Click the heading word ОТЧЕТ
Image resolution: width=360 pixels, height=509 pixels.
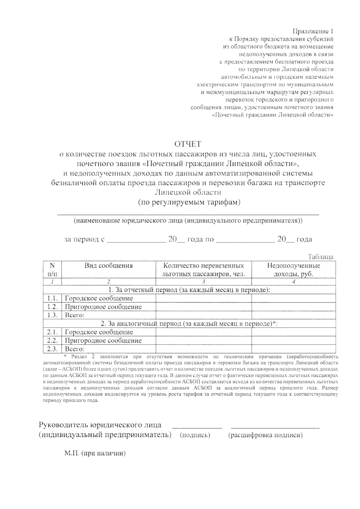click(188, 144)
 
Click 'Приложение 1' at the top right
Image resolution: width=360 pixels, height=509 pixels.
click(313, 31)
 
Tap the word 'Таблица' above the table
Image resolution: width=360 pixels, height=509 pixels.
click(320, 257)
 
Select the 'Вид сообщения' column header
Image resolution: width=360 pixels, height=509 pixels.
click(108, 266)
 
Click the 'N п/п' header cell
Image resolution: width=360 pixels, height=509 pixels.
click(52, 269)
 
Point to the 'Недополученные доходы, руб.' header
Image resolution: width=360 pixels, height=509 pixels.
click(293, 269)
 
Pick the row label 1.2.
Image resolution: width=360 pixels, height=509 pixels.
click(52, 307)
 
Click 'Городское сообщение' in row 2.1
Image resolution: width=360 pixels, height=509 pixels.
click(99, 332)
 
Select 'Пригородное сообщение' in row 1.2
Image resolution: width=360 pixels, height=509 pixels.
click(103, 307)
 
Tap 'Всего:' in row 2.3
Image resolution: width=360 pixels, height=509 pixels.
click(75, 349)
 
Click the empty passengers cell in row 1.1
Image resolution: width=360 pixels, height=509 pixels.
click(203, 298)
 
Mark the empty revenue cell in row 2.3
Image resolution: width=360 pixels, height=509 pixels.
click(293, 349)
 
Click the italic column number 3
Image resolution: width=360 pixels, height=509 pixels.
click(203, 282)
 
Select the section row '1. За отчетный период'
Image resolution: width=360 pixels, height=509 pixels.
click(189, 290)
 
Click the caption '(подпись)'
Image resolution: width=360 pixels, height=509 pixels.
click(195, 435)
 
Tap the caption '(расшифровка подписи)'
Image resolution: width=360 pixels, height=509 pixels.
click(265, 435)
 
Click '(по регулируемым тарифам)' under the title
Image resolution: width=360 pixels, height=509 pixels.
click(189, 202)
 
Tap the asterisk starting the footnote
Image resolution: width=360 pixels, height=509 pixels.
click(66, 356)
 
